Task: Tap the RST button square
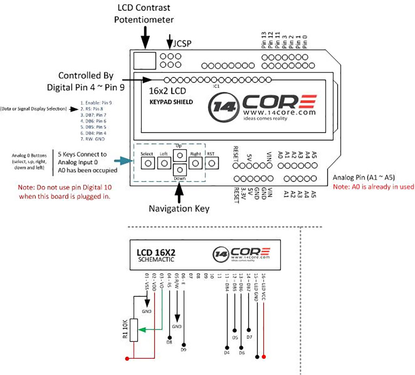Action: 212,163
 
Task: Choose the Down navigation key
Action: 180,170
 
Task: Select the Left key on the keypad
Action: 164,163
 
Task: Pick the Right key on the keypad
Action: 196,163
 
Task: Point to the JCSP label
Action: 182,43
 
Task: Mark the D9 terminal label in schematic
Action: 184,349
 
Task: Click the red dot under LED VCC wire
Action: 264,357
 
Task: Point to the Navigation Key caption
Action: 179,209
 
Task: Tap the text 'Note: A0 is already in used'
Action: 373,187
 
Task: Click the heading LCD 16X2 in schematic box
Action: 156,252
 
